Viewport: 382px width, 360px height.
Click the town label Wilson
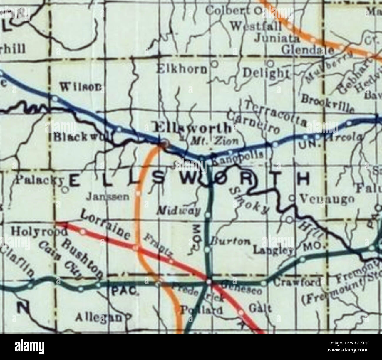(x=81, y=87)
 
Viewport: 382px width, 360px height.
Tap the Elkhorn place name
(x=182, y=69)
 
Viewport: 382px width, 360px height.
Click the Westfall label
(x=256, y=26)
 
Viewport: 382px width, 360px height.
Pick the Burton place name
(x=230, y=242)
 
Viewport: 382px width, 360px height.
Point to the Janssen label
(x=107, y=197)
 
